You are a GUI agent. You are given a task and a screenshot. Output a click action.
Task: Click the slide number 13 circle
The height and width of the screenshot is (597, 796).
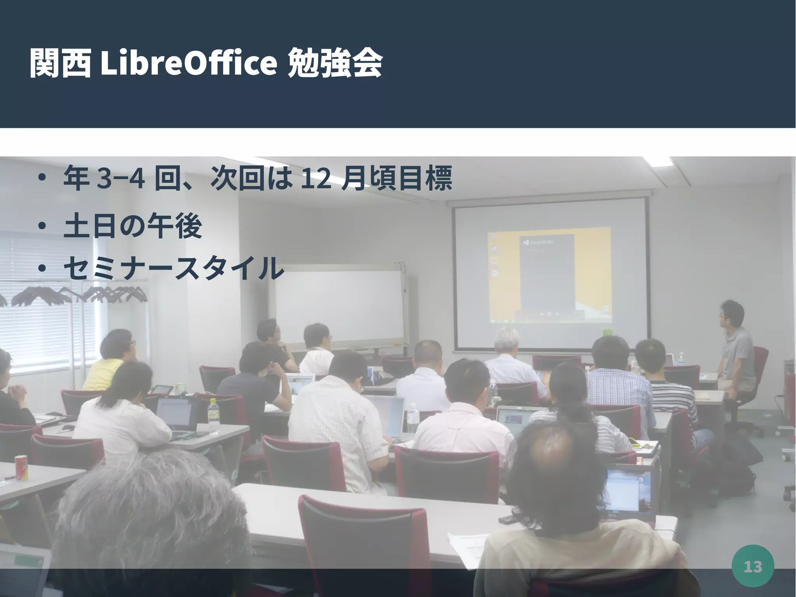tap(752, 566)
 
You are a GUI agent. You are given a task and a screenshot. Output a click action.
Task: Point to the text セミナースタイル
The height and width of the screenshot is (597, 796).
tap(173, 268)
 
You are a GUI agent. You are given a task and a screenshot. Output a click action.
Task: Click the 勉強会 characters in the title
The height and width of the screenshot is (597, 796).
tap(335, 63)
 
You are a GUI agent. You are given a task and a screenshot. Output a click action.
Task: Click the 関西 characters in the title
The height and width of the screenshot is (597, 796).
tap(60, 63)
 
